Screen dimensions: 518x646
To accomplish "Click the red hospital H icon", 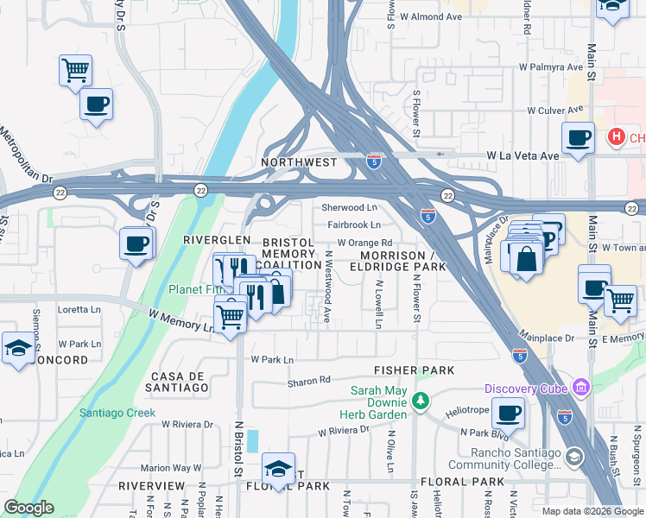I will pyautogui.click(x=616, y=136).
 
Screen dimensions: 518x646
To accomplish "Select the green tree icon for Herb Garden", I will pyautogui.click(x=420, y=401).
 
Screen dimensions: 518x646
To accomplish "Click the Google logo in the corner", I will pyautogui.click(x=28, y=507).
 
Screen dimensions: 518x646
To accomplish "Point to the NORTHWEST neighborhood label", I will pyautogui.click(x=299, y=161).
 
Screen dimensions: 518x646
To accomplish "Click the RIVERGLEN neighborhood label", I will pyautogui.click(x=217, y=239).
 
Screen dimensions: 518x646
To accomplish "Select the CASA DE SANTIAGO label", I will pyautogui.click(x=180, y=382).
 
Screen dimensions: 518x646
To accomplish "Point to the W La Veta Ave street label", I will pyautogui.click(x=523, y=155).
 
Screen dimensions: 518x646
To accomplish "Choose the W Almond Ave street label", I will pyautogui.click(x=429, y=16).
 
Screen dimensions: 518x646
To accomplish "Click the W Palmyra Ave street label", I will pyautogui.click(x=550, y=66).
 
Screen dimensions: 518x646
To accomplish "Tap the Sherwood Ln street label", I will pyautogui.click(x=349, y=208).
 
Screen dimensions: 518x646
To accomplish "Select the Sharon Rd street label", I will pyautogui.click(x=308, y=380).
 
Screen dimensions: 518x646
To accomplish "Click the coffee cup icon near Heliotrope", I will pyautogui.click(x=508, y=414).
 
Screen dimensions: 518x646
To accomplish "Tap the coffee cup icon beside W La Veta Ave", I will pyautogui.click(x=578, y=137).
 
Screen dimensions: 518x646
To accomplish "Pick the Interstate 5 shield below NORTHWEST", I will pyautogui.click(x=373, y=161).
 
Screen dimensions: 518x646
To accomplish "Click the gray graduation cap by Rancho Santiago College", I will pyautogui.click(x=573, y=455).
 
